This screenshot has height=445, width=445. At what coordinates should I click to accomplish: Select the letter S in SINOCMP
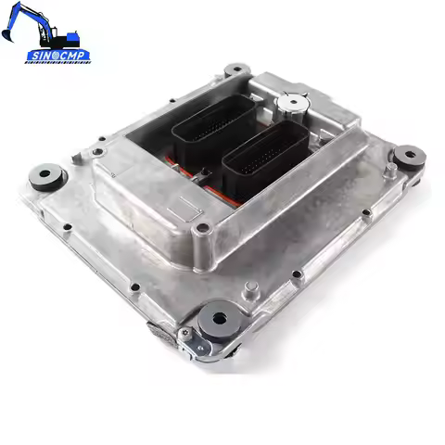coord(31,57)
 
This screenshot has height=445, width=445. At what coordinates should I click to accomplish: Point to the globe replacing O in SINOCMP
coord(53,57)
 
